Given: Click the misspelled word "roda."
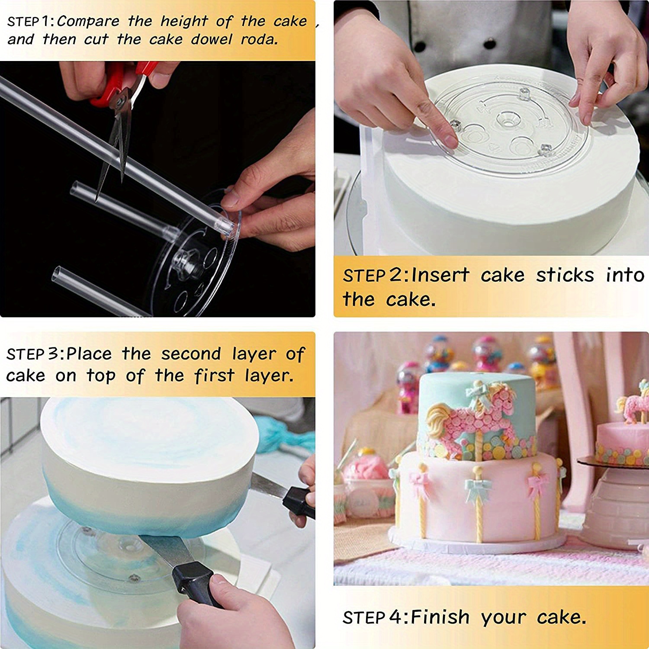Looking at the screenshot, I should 259,40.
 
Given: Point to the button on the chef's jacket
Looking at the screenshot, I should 464,43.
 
